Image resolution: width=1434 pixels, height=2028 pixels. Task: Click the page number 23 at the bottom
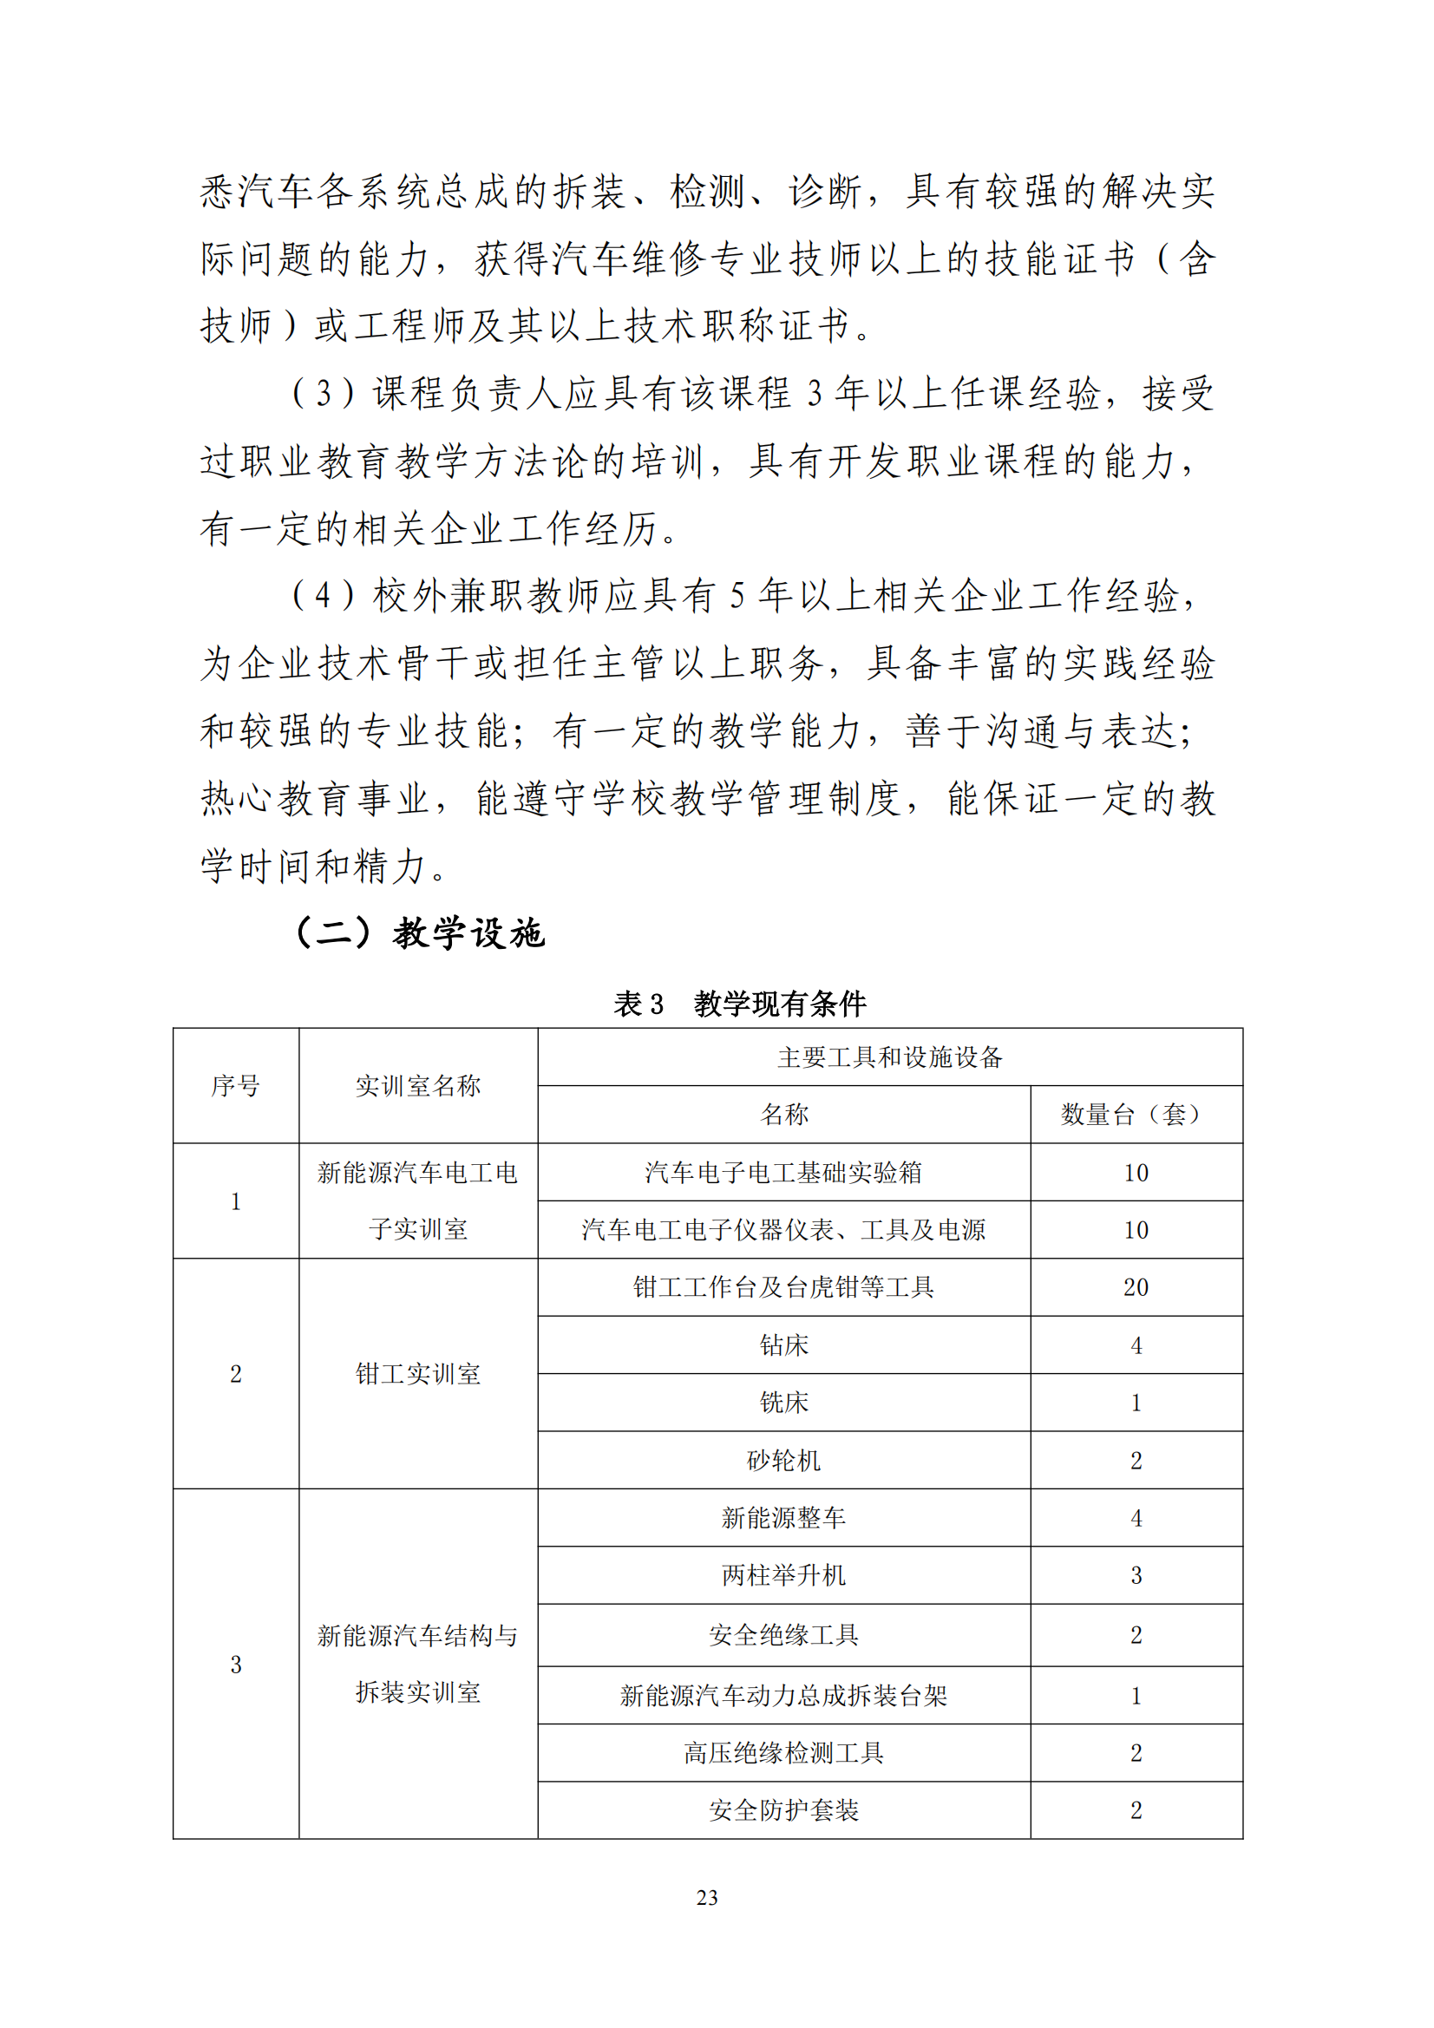pos(707,1897)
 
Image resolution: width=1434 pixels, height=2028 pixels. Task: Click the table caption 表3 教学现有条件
pos(740,1004)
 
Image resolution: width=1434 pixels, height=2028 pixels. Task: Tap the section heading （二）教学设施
pos(419,932)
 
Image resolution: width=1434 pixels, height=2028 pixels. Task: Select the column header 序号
pos(235,1085)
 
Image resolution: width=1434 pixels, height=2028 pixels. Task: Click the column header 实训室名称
pos(418,1085)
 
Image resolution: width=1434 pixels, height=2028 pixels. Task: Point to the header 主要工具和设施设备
pos(890,1057)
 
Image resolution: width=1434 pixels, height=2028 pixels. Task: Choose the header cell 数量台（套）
pos(1136,1115)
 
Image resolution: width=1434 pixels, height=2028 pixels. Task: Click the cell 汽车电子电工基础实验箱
pos(783,1173)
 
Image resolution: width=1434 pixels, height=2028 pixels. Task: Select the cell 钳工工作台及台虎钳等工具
pos(783,1287)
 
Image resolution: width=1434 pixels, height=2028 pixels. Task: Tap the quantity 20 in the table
pos(1136,1288)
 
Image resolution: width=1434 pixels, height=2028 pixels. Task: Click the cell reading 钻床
pos(783,1345)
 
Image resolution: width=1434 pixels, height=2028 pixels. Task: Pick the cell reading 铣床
pos(783,1403)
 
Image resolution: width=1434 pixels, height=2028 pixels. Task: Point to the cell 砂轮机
pos(783,1460)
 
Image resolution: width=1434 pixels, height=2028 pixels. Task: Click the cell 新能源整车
pos(783,1517)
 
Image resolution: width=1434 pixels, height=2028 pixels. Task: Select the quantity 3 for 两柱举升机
pos(1136,1576)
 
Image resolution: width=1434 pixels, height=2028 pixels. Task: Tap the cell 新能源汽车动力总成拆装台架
pos(783,1695)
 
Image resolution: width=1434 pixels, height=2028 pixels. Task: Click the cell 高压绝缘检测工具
pos(783,1752)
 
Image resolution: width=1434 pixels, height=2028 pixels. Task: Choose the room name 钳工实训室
pos(418,1373)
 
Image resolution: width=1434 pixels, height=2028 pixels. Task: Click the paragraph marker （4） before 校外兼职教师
pos(323,595)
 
